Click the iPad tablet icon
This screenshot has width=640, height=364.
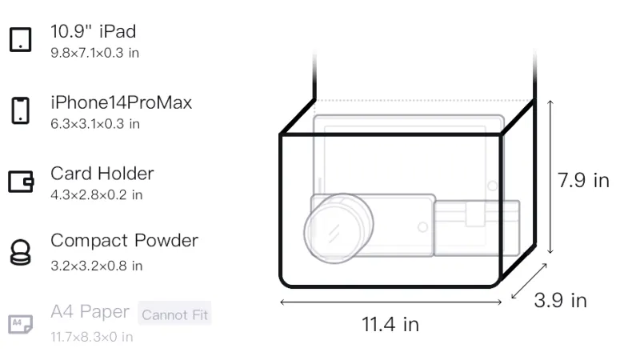pyautogui.click(x=21, y=39)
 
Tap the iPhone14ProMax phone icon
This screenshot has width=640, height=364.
pyautogui.click(x=21, y=110)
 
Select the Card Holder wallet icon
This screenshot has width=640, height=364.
pyautogui.click(x=21, y=181)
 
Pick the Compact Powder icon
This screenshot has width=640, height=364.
pyautogui.click(x=21, y=253)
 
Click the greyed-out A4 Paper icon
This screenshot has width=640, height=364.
pyautogui.click(x=21, y=324)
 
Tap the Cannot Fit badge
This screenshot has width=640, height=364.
pyautogui.click(x=174, y=314)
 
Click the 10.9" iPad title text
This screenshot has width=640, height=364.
pyautogui.click(x=93, y=31)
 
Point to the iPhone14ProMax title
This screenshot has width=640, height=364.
pyautogui.click(x=122, y=102)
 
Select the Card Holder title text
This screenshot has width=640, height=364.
pyautogui.click(x=102, y=174)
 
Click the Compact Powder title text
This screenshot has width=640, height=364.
pyautogui.click(x=124, y=241)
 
